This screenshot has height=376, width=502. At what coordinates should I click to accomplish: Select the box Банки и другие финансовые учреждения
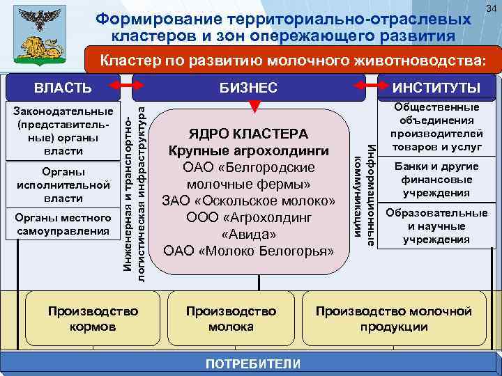(x=436, y=179)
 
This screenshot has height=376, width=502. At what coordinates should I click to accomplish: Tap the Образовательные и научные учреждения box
(x=436, y=225)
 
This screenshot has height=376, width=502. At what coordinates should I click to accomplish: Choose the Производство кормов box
(x=93, y=318)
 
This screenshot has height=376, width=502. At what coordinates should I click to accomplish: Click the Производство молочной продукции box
(x=394, y=318)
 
